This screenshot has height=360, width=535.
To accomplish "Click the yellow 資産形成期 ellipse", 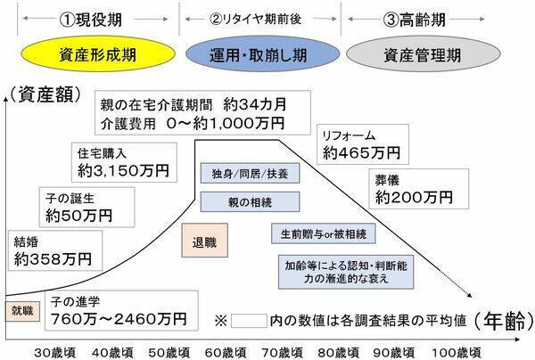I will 89,53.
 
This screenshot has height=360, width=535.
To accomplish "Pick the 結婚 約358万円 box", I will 53,251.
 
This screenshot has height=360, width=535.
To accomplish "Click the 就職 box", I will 22,311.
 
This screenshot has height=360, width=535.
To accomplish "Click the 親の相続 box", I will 249,201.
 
